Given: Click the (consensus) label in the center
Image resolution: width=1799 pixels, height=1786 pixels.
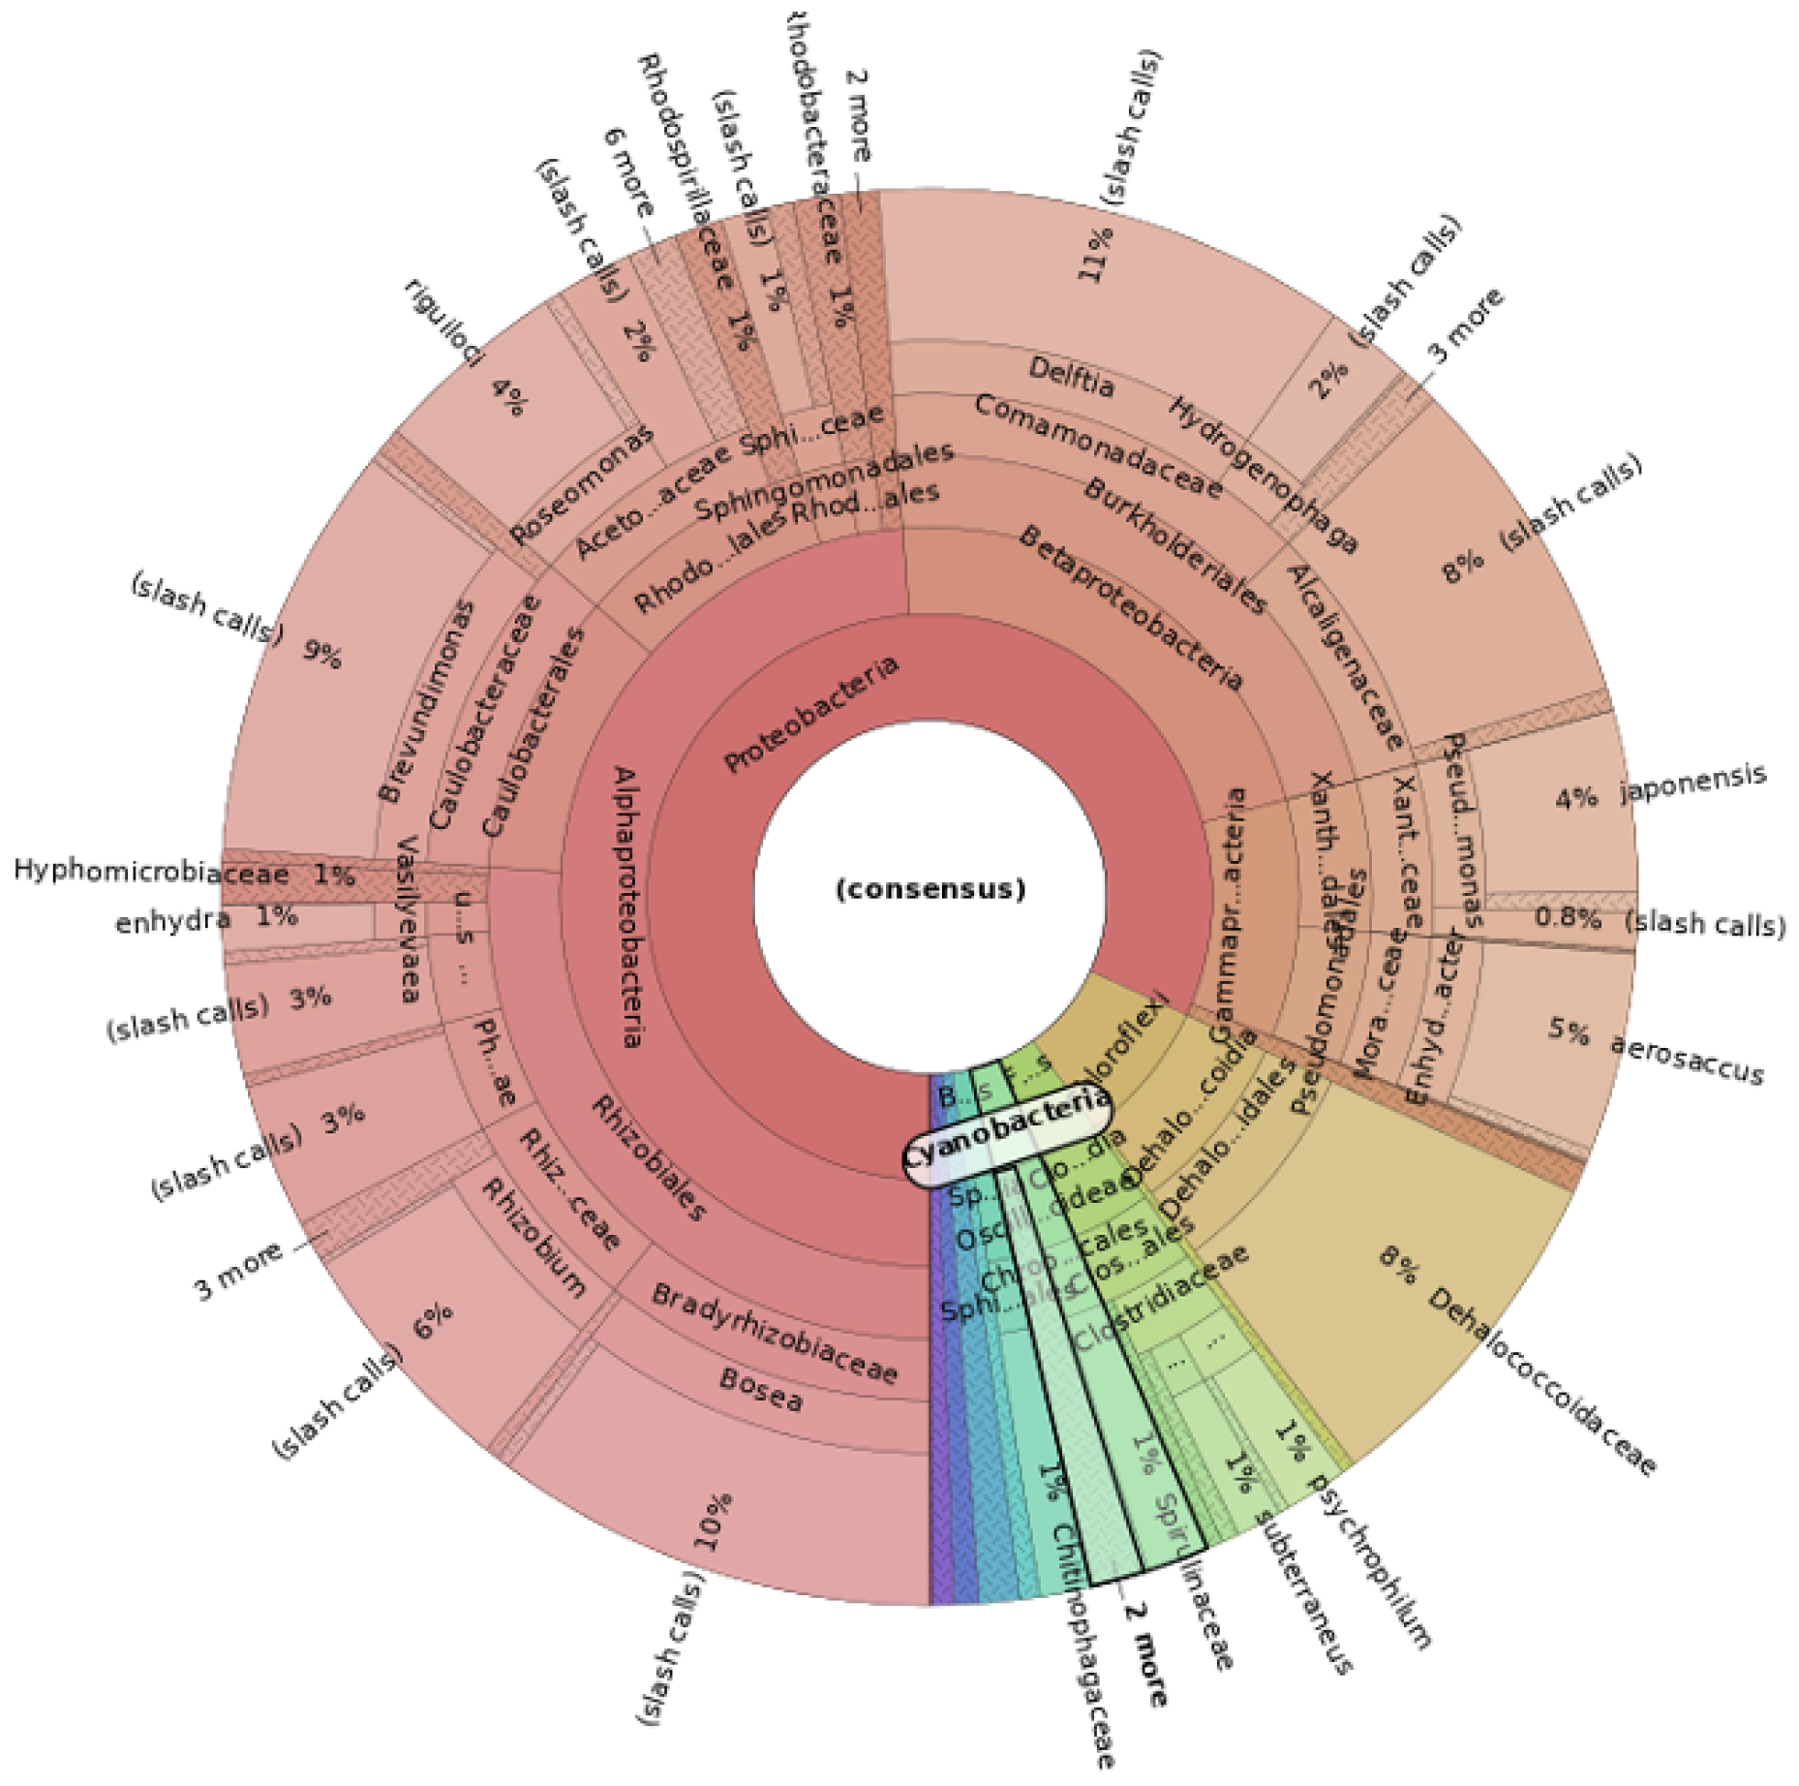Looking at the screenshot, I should [930, 888].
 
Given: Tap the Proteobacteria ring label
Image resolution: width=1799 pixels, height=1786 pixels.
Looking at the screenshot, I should [811, 715].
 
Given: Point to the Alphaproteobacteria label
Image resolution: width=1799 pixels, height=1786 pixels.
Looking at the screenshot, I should [626, 906].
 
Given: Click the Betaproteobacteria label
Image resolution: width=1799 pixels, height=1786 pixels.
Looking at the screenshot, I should [1131, 606].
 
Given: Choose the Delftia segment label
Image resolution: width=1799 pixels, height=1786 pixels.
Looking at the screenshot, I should [1071, 376].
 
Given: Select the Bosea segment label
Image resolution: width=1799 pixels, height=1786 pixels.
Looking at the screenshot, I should [761, 1389].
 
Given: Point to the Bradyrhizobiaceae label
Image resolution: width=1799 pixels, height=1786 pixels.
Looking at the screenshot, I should [775, 1333].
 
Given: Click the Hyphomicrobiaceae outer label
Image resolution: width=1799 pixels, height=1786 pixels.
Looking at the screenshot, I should [151, 872].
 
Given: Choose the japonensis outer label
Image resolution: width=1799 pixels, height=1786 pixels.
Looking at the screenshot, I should [1692, 783].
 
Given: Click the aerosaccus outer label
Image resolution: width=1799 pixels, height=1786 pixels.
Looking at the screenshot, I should [1687, 1058].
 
